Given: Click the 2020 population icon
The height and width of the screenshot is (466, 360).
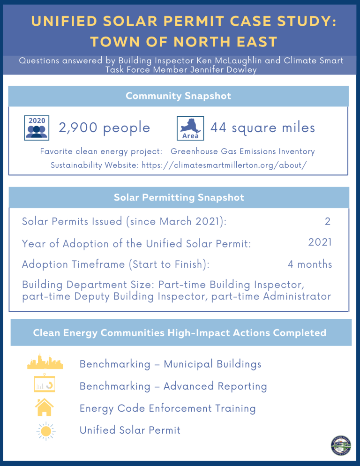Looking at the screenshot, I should (x=36, y=128).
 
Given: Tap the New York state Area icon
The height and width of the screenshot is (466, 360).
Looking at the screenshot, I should (x=191, y=128).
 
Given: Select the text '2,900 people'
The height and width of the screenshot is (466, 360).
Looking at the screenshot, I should (x=104, y=128).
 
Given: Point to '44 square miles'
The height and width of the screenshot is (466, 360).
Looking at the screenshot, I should (x=262, y=128).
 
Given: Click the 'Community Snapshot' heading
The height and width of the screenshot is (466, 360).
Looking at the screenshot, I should (x=179, y=96).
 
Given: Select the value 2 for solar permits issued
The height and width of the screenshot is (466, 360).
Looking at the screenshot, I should (x=327, y=221).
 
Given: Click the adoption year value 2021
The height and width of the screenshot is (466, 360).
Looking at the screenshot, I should (x=320, y=242).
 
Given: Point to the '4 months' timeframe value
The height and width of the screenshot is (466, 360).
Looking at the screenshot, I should (x=310, y=264).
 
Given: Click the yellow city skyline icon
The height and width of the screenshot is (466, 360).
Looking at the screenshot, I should (x=45, y=361).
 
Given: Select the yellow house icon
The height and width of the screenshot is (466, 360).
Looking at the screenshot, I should (x=45, y=407).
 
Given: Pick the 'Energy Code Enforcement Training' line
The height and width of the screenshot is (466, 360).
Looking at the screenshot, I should (x=167, y=408).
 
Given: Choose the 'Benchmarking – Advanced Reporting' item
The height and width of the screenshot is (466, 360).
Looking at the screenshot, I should (x=173, y=386).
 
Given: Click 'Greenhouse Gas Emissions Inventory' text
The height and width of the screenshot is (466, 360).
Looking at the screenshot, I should (x=242, y=152).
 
